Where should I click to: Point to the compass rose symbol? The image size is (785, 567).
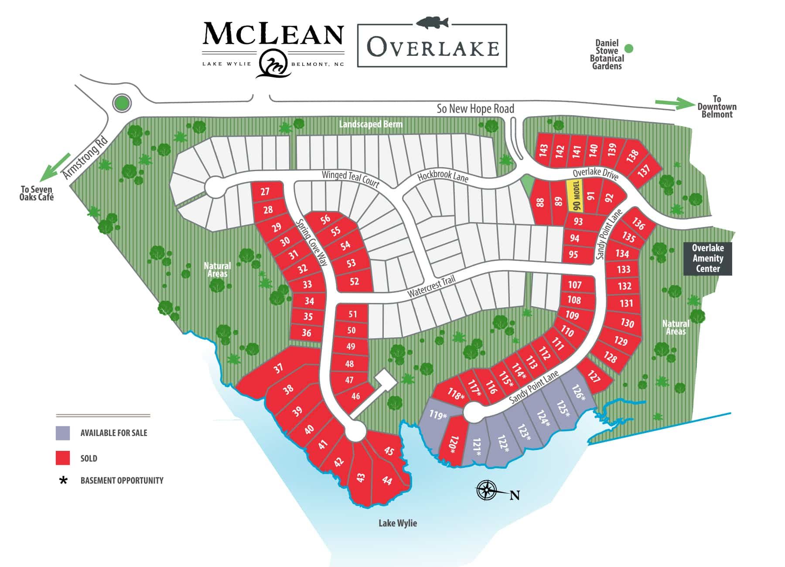[x=486, y=490]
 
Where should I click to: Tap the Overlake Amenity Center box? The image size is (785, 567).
[x=707, y=258]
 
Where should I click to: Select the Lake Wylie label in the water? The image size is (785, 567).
[x=397, y=523]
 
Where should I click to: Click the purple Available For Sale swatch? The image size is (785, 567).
[x=63, y=433]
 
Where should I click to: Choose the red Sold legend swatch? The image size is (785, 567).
[x=63, y=458]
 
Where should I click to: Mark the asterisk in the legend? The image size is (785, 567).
[x=64, y=481]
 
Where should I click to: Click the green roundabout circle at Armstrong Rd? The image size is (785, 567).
[x=122, y=103]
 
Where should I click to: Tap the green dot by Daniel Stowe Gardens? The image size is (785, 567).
[x=628, y=48]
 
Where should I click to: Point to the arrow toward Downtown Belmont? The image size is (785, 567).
[x=674, y=103]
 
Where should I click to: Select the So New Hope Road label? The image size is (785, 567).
[x=475, y=109]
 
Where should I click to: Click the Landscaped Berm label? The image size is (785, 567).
[x=371, y=124]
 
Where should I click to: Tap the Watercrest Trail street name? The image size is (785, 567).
[x=431, y=287]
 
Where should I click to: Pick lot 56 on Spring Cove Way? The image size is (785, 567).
[x=325, y=220]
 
